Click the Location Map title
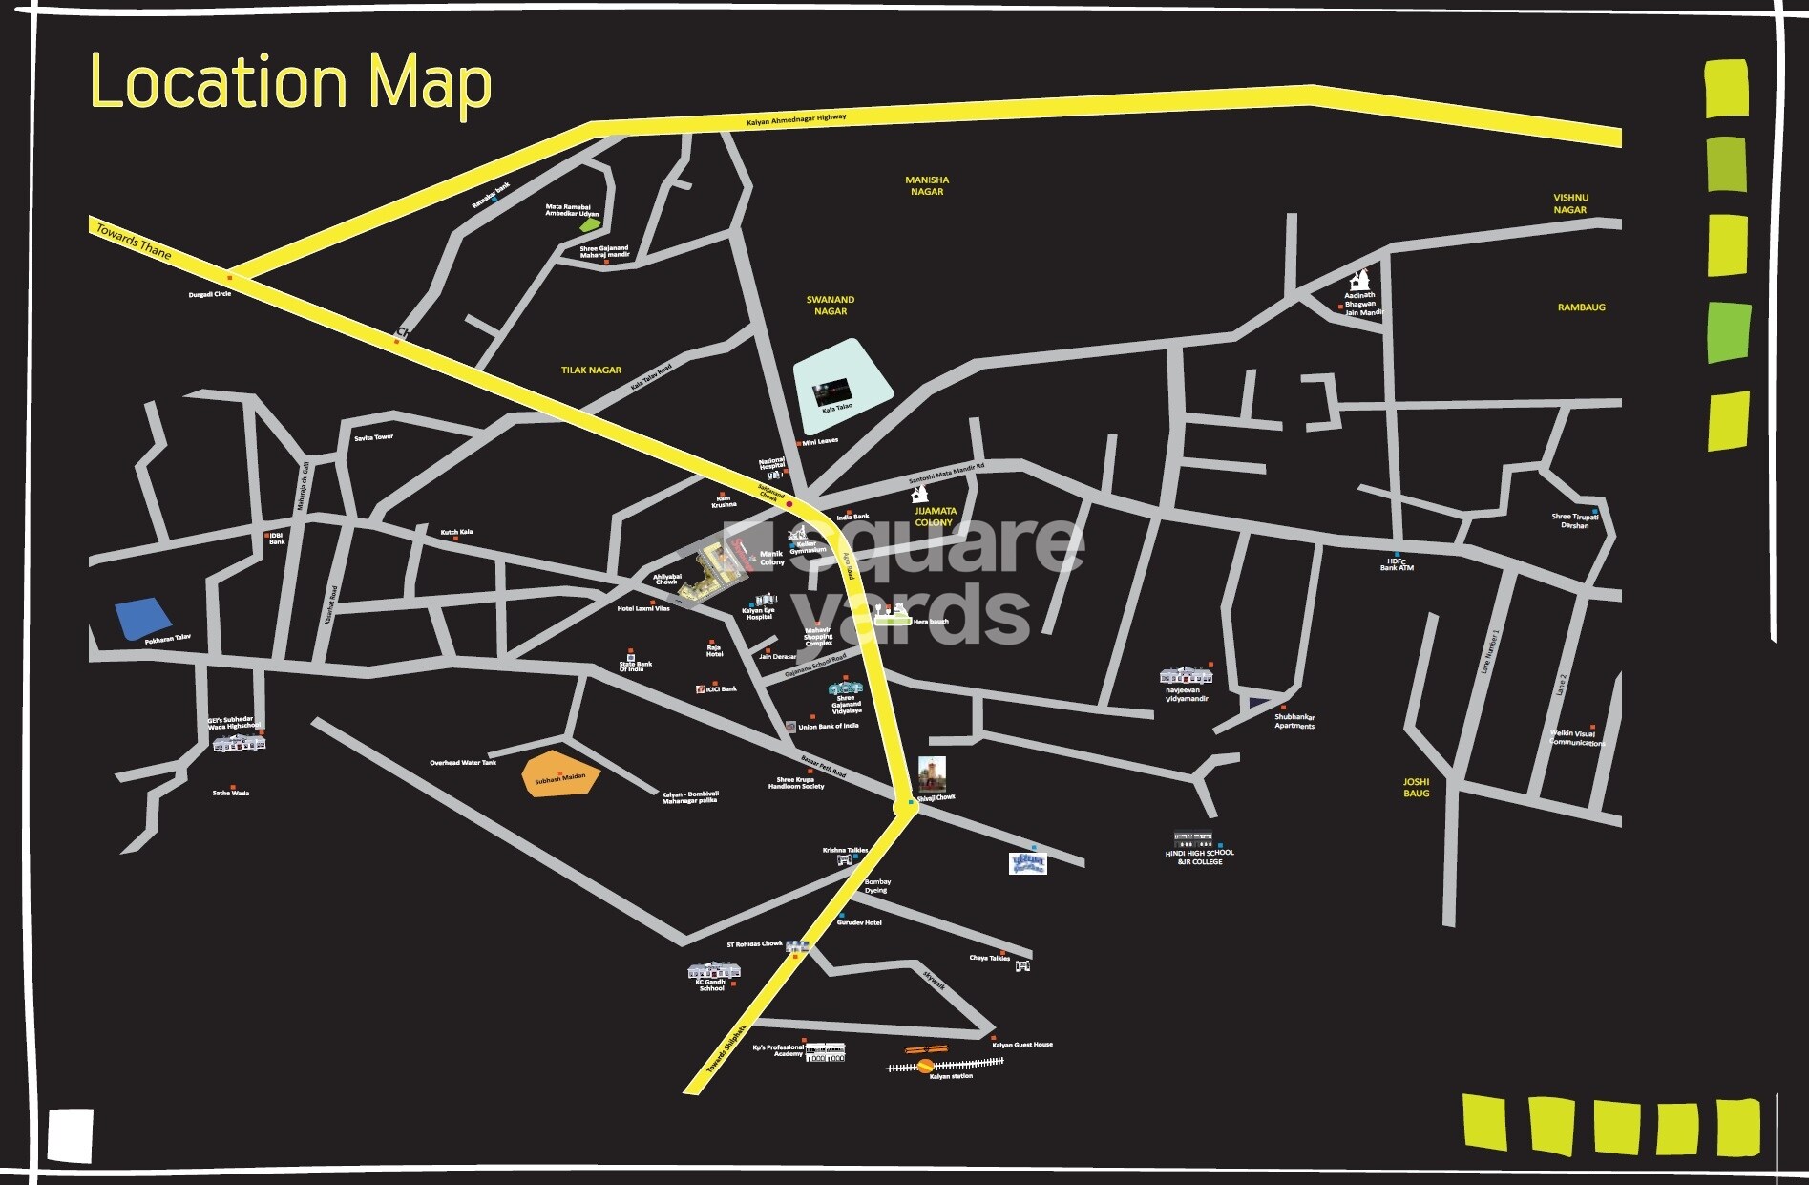[290, 82]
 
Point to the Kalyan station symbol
[925, 1064]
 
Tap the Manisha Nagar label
[927, 185]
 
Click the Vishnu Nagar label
[1569, 203]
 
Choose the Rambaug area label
[1581, 307]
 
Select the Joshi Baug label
[1416, 788]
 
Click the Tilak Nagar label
[591, 370]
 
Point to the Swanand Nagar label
[831, 306]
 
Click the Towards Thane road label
[133, 243]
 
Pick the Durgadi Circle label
[209, 294]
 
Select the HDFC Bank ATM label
[1397, 564]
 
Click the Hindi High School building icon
[1193, 839]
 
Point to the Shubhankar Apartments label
[1294, 722]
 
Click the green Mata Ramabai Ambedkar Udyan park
[589, 226]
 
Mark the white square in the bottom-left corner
[71, 1135]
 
